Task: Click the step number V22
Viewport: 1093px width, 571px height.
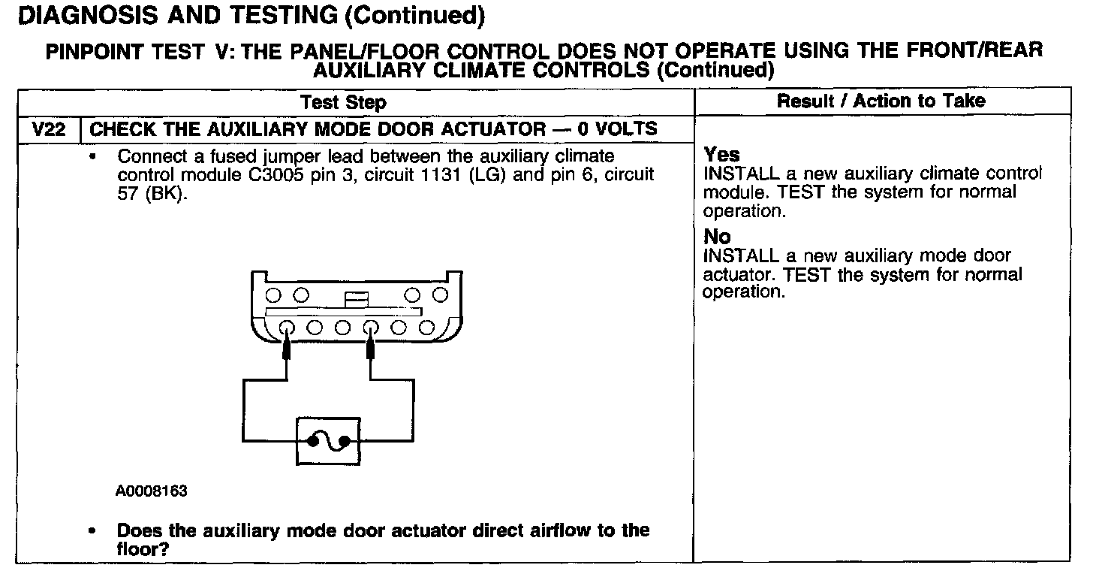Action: (x=48, y=129)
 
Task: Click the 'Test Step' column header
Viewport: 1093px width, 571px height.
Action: (x=343, y=101)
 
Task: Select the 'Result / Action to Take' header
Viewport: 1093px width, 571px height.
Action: (x=881, y=101)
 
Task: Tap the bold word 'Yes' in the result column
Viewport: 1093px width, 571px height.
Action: (x=721, y=155)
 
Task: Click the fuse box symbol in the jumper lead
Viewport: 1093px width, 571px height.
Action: (x=328, y=441)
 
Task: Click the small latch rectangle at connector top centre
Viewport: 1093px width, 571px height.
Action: (x=356, y=299)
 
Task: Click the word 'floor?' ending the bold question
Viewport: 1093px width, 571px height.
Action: (x=143, y=548)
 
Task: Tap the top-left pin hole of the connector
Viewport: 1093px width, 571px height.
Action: (x=273, y=293)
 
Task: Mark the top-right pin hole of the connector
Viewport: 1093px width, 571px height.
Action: (x=441, y=293)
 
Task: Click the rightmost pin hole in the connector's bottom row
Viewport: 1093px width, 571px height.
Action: (x=426, y=328)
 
